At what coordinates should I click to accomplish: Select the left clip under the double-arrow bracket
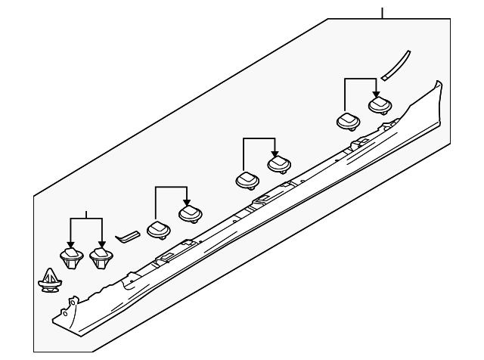point(70,258)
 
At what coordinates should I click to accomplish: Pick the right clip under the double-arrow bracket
point(100,258)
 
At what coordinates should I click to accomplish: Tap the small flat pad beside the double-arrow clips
point(126,236)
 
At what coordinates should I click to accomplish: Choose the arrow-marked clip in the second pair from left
point(189,214)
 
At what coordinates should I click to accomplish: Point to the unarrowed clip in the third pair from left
point(247,180)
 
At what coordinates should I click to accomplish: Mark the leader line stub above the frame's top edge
point(383,12)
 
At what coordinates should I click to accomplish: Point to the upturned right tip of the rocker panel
point(436,85)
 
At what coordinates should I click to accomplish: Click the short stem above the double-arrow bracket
point(85,213)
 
